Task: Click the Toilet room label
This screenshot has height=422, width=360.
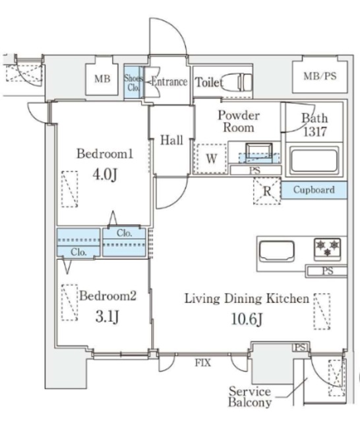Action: click(x=209, y=82)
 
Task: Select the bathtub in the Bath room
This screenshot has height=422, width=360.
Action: click(x=314, y=160)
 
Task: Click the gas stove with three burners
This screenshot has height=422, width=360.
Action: click(x=327, y=249)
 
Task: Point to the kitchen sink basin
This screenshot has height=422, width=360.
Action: click(x=276, y=251)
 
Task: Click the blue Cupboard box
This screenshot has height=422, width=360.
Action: click(x=314, y=190)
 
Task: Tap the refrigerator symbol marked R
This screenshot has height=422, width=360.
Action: click(x=267, y=191)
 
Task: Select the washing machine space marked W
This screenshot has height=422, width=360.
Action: click(x=212, y=158)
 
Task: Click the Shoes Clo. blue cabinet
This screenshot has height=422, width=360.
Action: click(x=133, y=82)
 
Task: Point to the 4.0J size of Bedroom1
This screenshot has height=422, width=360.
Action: click(x=105, y=175)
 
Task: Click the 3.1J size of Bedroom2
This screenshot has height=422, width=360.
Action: click(x=107, y=316)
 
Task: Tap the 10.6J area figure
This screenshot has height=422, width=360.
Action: click(x=247, y=319)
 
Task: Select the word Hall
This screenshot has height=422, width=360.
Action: click(x=171, y=140)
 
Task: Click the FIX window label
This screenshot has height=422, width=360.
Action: click(x=203, y=363)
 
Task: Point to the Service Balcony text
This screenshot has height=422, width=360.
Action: click(x=250, y=397)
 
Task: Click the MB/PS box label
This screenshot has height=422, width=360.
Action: click(x=320, y=76)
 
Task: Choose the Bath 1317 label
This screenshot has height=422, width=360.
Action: click(x=315, y=125)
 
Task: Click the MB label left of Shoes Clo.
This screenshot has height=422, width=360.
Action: click(x=102, y=78)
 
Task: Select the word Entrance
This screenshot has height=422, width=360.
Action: click(x=169, y=82)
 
